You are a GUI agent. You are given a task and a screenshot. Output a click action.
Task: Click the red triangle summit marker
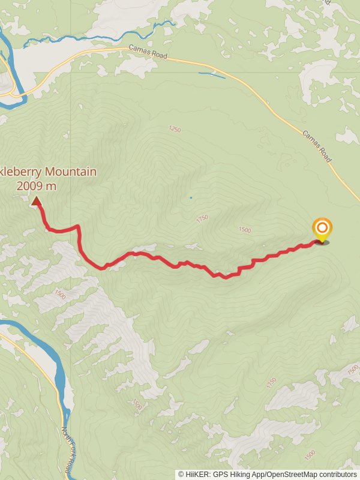[x=37, y=202]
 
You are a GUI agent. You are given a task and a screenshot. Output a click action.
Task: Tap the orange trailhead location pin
[x=322, y=229]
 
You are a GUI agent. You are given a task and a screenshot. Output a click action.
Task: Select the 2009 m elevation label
[x=37, y=186]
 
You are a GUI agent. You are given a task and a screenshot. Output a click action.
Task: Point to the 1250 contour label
[x=175, y=129]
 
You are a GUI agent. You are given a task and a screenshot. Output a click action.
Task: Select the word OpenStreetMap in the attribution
[x=292, y=474]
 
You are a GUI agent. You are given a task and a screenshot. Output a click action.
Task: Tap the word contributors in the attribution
[x=338, y=474]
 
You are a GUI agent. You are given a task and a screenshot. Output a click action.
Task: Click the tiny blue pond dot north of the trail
[x=191, y=197]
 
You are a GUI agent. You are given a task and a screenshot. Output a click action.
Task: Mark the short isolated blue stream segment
[x=212, y=75]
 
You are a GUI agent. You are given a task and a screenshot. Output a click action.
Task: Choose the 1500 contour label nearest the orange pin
[x=245, y=230]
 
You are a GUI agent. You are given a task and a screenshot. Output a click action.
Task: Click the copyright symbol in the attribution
[x=181, y=474]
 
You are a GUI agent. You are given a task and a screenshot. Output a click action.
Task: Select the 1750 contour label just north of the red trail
[x=202, y=219]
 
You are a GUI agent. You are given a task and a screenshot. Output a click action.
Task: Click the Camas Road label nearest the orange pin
[x=317, y=147]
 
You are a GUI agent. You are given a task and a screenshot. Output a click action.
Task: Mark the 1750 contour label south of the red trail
[x=271, y=382]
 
